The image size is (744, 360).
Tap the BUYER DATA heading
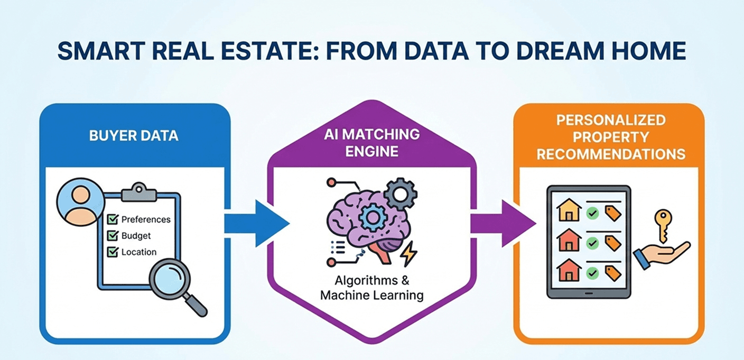(134, 135)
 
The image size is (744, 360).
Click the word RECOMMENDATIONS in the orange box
(610, 154)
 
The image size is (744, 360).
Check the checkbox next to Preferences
(113, 219)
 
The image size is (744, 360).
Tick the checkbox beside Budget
(113, 235)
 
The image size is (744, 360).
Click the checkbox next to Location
(113, 252)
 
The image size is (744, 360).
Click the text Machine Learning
(371, 295)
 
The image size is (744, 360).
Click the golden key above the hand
(663, 223)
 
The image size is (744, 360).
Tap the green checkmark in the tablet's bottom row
(592, 273)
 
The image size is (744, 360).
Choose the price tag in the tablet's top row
(613, 213)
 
